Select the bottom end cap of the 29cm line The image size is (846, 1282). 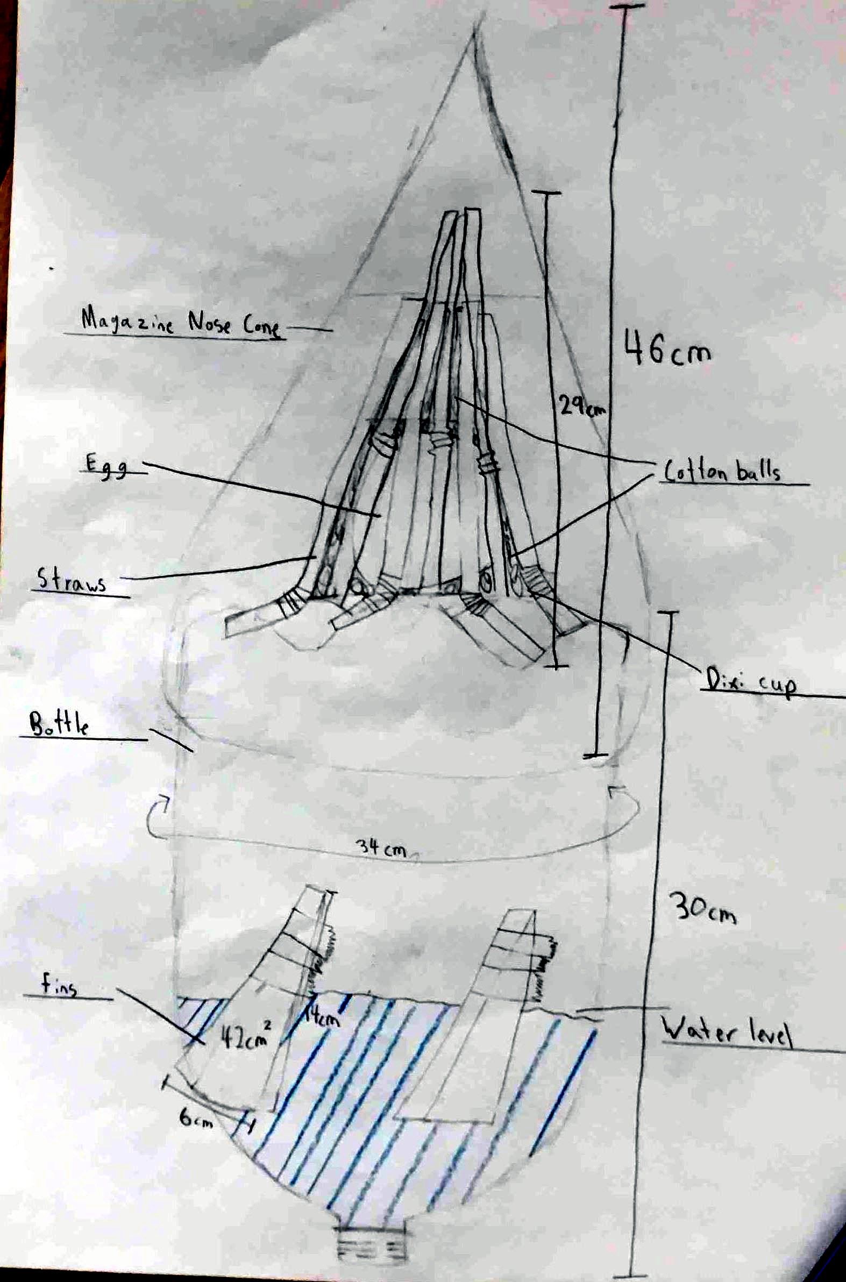click(x=555, y=667)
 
